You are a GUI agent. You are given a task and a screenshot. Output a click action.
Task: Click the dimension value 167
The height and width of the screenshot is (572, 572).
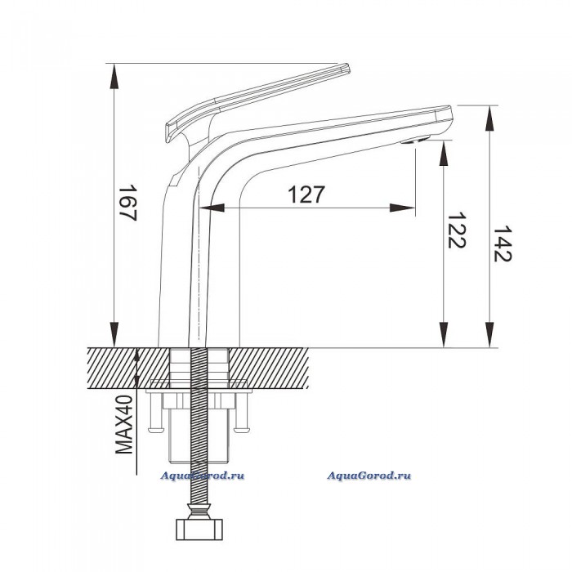pyautogui.click(x=127, y=203)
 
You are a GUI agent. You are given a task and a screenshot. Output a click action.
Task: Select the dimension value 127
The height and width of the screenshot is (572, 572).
pyautogui.click(x=306, y=194)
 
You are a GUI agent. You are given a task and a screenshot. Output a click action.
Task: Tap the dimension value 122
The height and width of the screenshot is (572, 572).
pyautogui.click(x=456, y=230)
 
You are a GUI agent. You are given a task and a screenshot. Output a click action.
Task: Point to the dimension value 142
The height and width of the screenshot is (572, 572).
pyautogui.click(x=503, y=244)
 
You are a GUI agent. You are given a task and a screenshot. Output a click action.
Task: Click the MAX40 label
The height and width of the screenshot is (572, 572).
pyautogui.click(x=124, y=424)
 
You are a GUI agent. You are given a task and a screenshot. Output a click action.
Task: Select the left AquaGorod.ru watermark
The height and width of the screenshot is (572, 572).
pyautogui.click(x=203, y=476)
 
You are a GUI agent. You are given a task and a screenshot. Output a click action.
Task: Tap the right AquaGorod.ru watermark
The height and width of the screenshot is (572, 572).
pyautogui.click(x=369, y=476)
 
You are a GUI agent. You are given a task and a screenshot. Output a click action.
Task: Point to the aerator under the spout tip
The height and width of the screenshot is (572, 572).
pyautogui.click(x=415, y=140)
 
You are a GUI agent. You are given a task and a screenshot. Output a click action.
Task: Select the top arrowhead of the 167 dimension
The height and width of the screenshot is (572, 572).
pyautogui.click(x=114, y=76)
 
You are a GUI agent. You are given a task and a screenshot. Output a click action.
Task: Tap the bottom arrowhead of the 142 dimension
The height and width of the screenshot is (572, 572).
pyautogui.click(x=489, y=334)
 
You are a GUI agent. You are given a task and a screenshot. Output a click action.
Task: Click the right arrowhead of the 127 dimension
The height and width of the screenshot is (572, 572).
pyautogui.click(x=402, y=208)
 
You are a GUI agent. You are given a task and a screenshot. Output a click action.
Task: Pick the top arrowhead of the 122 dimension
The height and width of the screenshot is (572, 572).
pyautogui.click(x=444, y=154)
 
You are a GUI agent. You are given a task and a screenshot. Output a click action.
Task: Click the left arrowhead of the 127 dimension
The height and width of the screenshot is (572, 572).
pyautogui.click(x=212, y=208)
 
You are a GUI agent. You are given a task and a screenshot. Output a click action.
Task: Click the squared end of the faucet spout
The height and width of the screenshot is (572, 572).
pyautogui.click(x=445, y=115)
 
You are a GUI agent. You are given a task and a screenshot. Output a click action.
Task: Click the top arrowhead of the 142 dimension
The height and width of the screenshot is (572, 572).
pyautogui.click(x=489, y=118)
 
